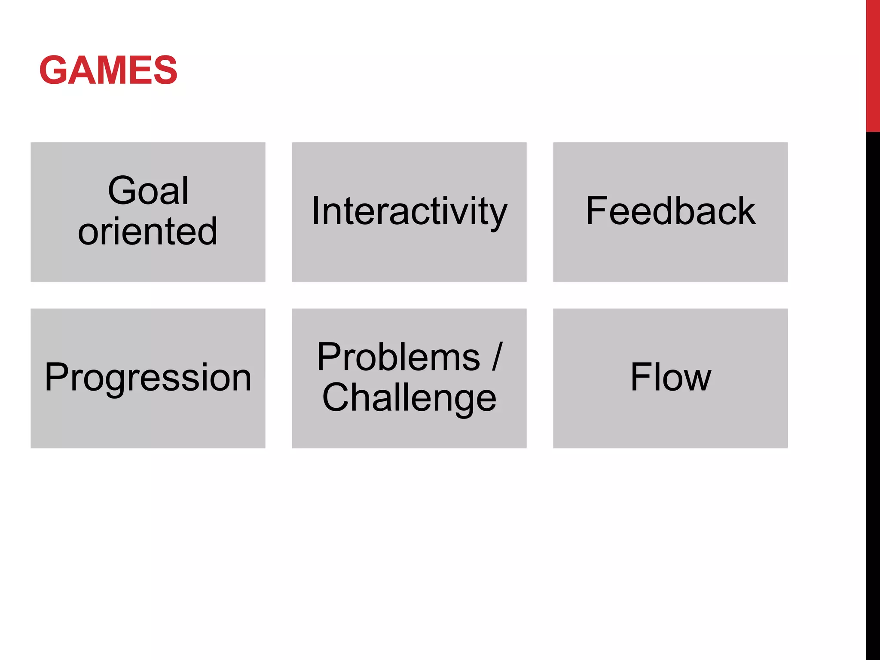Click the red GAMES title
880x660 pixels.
[108, 70]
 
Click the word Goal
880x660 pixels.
[148, 190]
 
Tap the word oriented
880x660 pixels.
[148, 232]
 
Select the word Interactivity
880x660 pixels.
[409, 211]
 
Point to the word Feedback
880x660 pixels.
[670, 211]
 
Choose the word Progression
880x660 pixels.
[148, 377]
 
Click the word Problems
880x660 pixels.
[398, 357]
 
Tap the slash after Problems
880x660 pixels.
[497, 356]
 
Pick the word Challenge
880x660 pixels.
[409, 398]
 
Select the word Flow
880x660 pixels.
[670, 377]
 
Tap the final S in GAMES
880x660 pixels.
[165, 70]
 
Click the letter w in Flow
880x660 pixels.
[696, 380]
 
